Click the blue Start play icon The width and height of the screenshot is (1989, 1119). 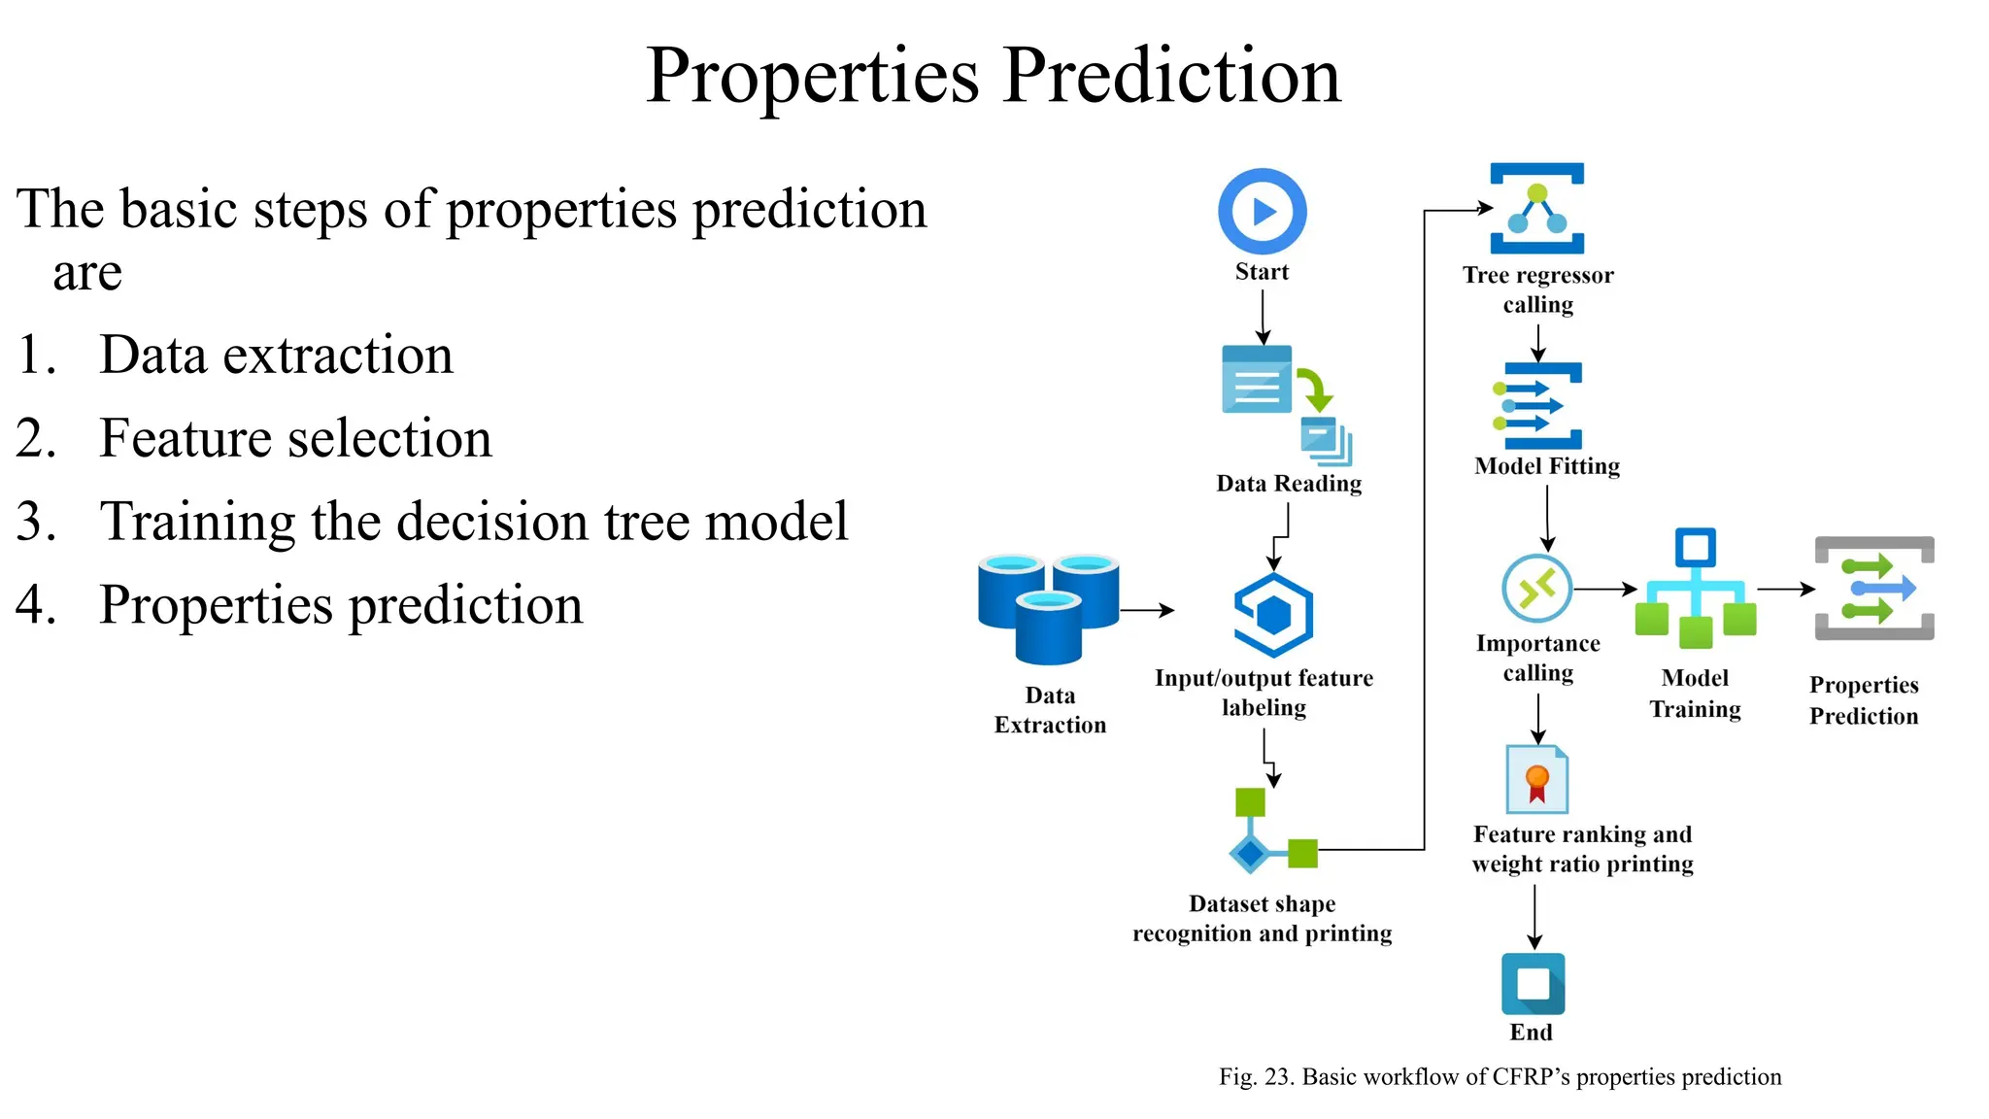[1262, 211]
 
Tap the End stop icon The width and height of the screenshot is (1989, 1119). [1533, 983]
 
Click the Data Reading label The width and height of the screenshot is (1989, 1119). [1289, 483]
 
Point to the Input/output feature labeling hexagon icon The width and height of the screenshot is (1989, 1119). [1273, 614]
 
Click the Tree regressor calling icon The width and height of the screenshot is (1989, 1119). [1536, 209]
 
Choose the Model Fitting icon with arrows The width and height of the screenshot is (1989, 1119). [1538, 406]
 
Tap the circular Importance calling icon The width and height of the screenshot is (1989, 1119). [1536, 588]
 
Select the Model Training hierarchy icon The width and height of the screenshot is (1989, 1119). [1695, 589]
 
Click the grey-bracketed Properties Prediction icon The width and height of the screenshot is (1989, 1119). [1874, 589]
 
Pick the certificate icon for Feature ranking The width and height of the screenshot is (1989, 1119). [1536, 779]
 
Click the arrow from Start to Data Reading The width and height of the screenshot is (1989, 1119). [1263, 316]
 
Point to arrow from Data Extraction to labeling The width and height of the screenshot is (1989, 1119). [1147, 610]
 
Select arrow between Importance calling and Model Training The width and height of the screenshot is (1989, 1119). [1604, 589]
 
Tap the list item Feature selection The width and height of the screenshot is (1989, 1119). [295, 438]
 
